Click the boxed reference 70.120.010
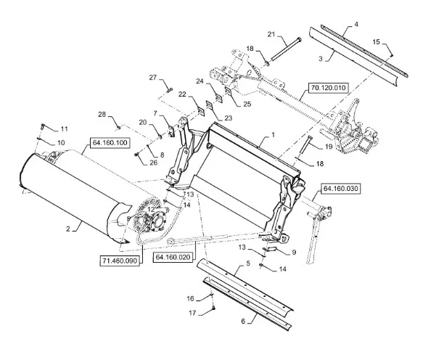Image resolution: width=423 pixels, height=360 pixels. [328, 88]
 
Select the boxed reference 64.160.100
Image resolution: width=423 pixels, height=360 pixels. [110, 143]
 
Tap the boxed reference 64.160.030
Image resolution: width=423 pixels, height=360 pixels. [340, 189]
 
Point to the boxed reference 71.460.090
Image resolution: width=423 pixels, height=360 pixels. [120, 261]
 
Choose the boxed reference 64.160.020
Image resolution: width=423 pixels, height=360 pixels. [173, 257]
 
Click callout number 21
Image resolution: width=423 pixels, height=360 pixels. [271, 34]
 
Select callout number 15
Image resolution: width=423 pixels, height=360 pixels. [376, 42]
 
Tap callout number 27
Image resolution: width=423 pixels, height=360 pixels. [153, 78]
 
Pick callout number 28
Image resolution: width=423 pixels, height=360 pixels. [102, 115]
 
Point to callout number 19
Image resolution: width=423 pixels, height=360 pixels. [329, 147]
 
